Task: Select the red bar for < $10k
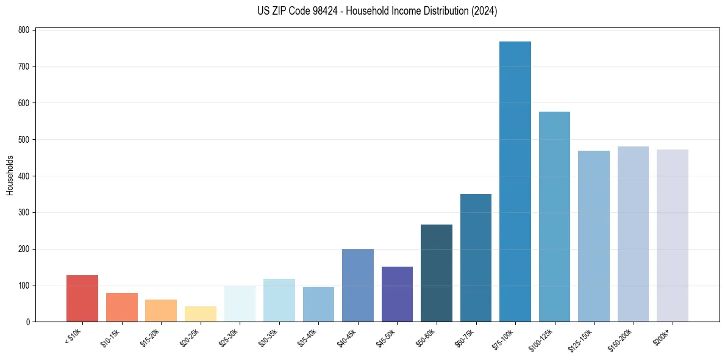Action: [82, 298]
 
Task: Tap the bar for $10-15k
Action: [122, 307]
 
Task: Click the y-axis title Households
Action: [10, 176]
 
